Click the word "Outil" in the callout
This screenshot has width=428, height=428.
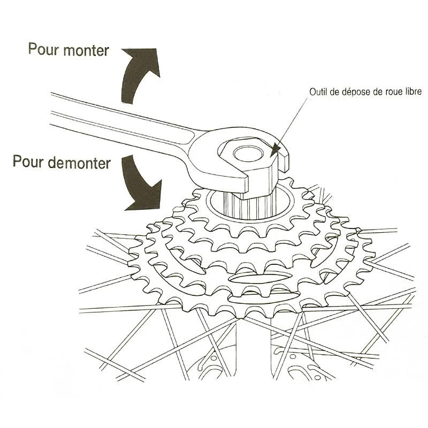[x=318, y=92]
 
